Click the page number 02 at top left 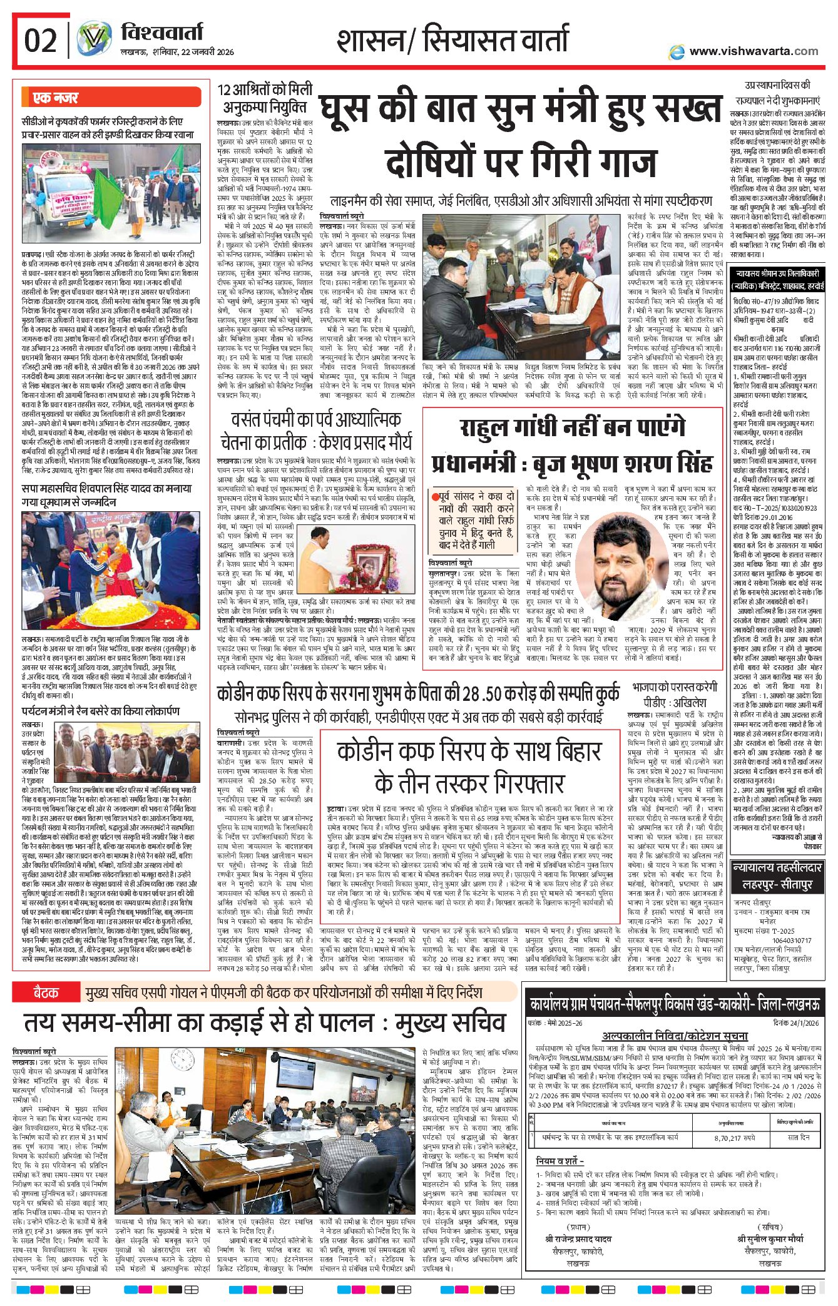pos(40,41)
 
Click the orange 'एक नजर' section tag pos(56,98)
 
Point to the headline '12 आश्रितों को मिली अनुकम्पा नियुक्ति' pos(265,98)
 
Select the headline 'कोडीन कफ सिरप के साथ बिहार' pos(469,751)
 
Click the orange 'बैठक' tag pos(46,993)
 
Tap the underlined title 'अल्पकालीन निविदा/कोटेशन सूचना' pos(675,1036)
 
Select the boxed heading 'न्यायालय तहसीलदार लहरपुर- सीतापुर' pos(777,875)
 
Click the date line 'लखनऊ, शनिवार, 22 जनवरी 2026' pos(177,52)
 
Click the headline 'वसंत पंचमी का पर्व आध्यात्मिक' pos(315,419)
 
